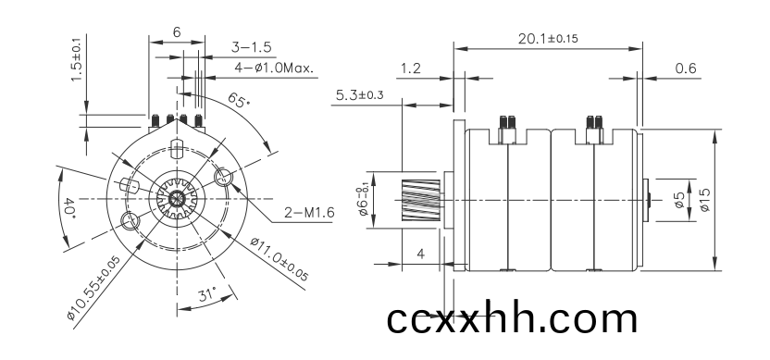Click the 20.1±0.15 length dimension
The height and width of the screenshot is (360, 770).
tap(548, 38)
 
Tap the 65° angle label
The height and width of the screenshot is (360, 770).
tap(239, 101)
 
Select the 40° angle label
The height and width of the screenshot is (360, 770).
tap(69, 208)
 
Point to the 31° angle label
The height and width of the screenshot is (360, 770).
tap(207, 295)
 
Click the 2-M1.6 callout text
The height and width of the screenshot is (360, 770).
tap(309, 213)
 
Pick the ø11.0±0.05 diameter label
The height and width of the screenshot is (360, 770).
tap(279, 259)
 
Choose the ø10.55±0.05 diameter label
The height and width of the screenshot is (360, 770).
tap(93, 287)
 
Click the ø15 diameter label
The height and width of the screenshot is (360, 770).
tap(704, 200)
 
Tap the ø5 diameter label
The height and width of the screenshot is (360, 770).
tap(679, 200)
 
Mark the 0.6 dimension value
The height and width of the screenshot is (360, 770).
tap(686, 68)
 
